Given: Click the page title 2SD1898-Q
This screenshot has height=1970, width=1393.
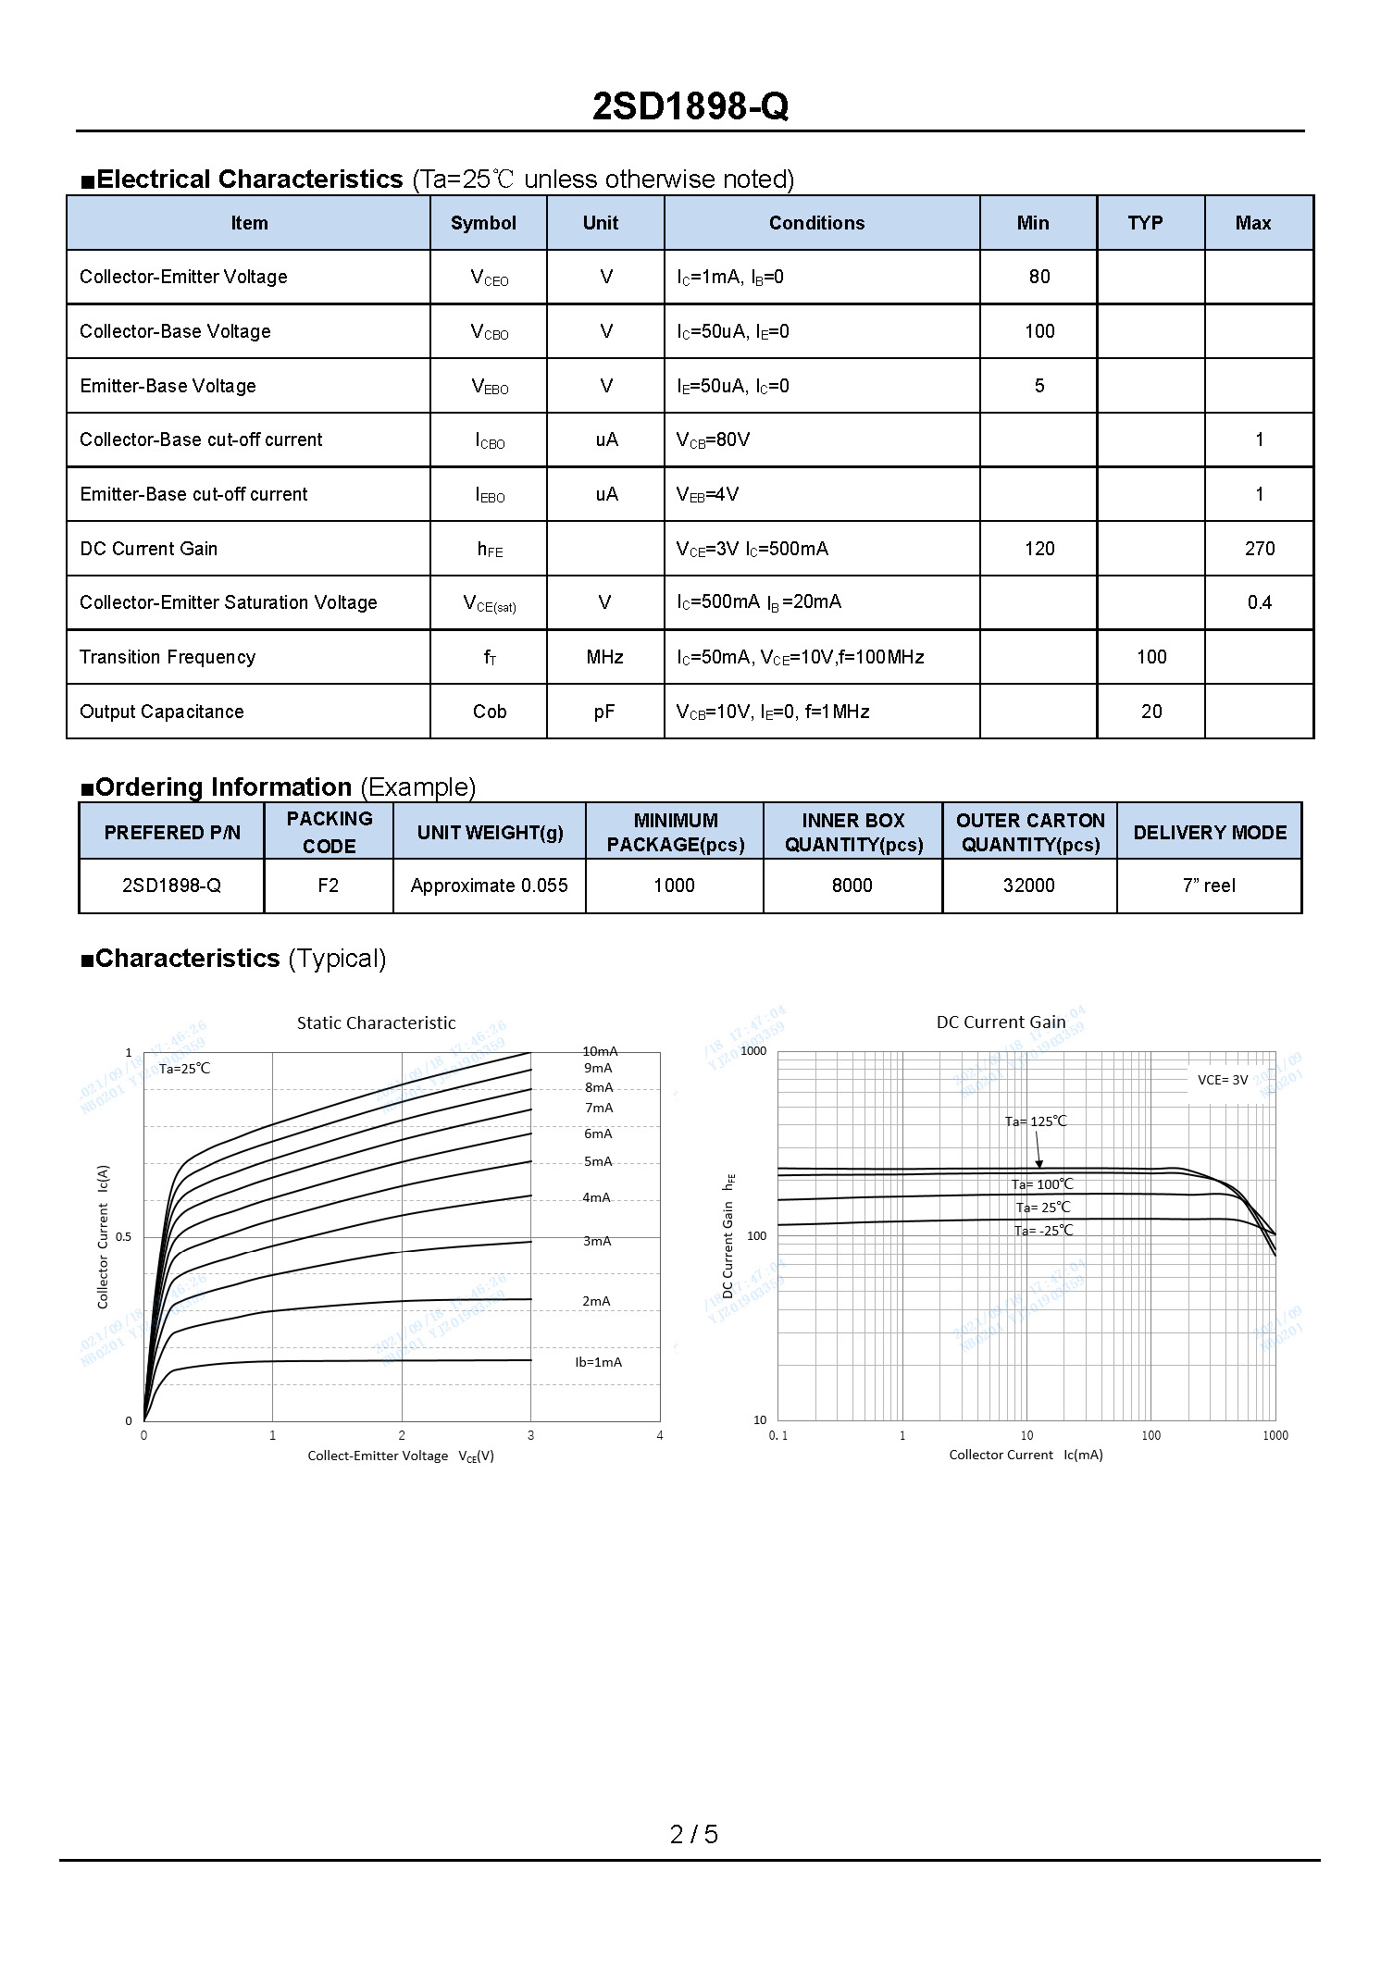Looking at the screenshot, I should (690, 107).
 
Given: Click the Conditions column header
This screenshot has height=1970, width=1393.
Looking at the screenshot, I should (816, 223).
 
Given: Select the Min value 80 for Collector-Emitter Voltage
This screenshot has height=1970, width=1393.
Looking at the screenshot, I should (1039, 277).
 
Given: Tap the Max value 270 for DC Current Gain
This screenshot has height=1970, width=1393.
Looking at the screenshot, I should (1259, 549).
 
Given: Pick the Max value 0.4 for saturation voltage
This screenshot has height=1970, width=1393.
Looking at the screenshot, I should (1259, 603).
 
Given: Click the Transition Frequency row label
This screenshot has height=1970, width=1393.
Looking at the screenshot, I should (168, 657).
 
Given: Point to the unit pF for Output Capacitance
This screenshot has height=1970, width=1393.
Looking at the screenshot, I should (604, 712).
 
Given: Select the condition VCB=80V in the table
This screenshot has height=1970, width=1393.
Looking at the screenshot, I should (714, 440).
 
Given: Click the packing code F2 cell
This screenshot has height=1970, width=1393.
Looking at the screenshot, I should (328, 886).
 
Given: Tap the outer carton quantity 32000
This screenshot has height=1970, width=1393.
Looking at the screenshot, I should (1028, 886).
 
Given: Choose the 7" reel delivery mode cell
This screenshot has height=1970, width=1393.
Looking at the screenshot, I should (1209, 886).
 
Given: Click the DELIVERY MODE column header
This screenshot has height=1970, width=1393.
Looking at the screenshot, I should (1209, 832).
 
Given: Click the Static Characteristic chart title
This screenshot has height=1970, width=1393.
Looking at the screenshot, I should (376, 1022).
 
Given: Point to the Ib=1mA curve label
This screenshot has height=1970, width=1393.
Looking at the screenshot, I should (598, 1362).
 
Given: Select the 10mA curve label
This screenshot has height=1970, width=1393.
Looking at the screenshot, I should (600, 1051).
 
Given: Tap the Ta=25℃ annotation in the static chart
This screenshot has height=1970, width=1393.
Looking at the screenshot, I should (185, 1069).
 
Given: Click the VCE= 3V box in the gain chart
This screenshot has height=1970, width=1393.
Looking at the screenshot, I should (1223, 1080).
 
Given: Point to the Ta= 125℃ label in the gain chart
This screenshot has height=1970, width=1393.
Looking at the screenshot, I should (1036, 1121).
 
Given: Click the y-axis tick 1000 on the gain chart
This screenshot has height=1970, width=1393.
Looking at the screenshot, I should (754, 1051).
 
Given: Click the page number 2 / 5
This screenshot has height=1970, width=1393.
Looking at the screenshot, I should (693, 1833).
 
